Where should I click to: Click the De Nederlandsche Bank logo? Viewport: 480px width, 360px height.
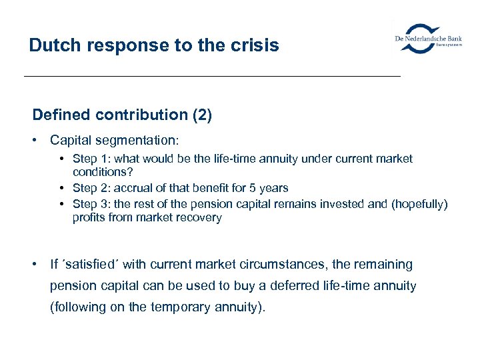428,38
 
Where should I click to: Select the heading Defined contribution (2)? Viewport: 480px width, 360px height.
122,115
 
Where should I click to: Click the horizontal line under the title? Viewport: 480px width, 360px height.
212,77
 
